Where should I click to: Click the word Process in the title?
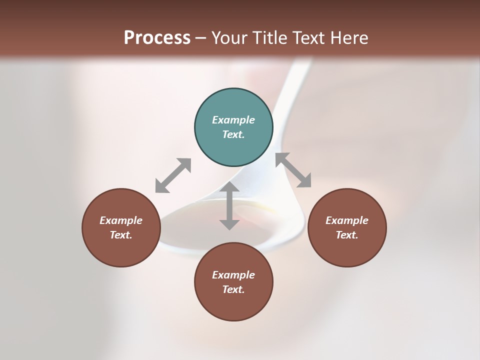(157, 37)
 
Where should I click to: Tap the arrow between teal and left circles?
(173, 175)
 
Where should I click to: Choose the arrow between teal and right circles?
(293, 170)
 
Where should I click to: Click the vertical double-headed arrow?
(229, 205)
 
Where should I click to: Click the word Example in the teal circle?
(233, 120)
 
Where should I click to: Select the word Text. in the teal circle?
(233, 134)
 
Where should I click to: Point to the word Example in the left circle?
(121, 220)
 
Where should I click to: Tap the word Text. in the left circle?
(121, 235)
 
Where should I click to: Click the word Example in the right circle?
(347, 220)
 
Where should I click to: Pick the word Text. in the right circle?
(347, 235)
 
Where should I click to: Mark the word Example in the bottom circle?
(233, 275)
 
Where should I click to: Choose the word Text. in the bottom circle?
(233, 289)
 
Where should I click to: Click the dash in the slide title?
(201, 38)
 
